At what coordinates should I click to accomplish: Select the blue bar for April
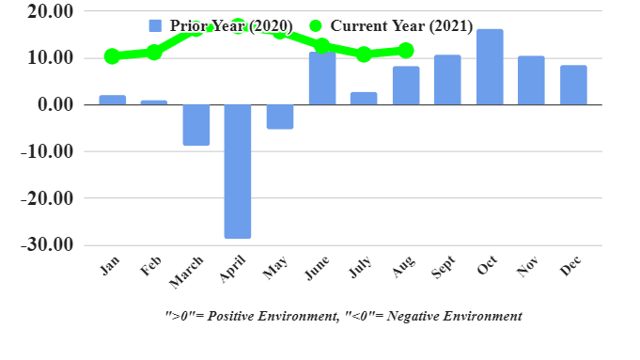[x=238, y=171]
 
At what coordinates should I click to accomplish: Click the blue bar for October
[x=490, y=67]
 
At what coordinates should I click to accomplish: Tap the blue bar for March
[x=196, y=125]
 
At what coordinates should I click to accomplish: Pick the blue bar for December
[x=573, y=85]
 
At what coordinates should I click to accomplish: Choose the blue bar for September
[x=447, y=80]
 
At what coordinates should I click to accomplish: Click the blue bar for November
[x=531, y=80]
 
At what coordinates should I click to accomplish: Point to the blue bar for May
[x=280, y=117]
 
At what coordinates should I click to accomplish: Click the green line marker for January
[x=113, y=56]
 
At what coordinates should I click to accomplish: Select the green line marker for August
[x=405, y=50]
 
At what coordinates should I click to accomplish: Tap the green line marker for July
[x=364, y=55]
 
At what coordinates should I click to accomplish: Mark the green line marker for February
[x=154, y=53]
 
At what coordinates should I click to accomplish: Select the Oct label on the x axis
[x=487, y=266]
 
